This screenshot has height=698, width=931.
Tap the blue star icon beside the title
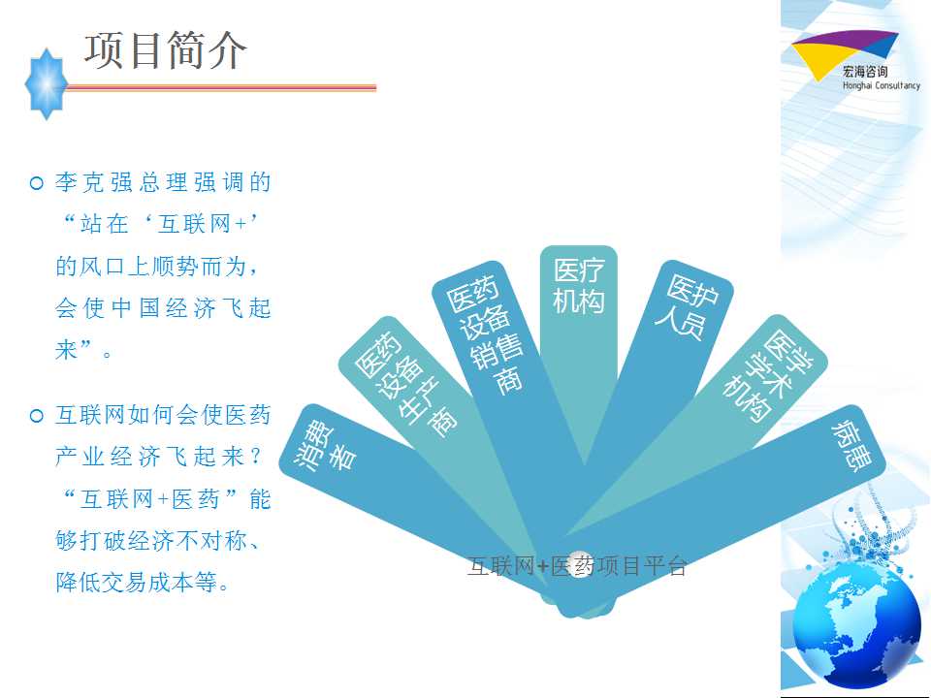(47, 84)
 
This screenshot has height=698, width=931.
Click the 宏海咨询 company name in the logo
(865, 72)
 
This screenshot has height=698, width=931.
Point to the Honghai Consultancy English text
(882, 85)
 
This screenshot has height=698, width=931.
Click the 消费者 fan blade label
(326, 448)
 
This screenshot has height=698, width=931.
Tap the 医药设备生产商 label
(406, 384)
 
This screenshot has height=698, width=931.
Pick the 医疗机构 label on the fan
(579, 286)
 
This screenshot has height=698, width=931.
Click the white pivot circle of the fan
(580, 564)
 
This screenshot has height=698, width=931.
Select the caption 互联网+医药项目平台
(577, 566)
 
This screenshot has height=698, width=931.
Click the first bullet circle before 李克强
(37, 183)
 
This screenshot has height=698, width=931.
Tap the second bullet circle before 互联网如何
(37, 416)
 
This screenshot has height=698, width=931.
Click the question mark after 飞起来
(256, 457)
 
